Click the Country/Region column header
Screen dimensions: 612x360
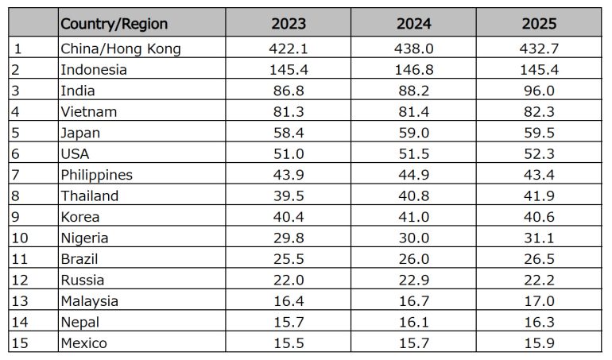pos(114,24)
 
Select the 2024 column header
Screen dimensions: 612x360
pos(414,24)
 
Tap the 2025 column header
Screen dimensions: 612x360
pos(539,24)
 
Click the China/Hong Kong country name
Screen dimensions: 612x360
pos(121,48)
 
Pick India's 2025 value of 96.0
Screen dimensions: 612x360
pos(539,91)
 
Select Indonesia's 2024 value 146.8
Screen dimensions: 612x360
pos(414,69)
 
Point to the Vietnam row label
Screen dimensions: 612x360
pos(88,112)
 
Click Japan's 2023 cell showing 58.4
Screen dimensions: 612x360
pos(289,133)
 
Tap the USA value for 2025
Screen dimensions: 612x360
pos(539,154)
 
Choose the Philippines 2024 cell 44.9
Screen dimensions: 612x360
pos(414,175)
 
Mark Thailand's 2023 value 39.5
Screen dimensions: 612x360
pos(289,195)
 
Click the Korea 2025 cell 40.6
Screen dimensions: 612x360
pos(539,217)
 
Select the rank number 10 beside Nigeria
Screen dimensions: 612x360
pos(20,238)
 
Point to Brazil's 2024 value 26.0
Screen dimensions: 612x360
pos(414,259)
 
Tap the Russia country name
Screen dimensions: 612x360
pos(83,280)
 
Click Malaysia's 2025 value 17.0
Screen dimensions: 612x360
pos(539,301)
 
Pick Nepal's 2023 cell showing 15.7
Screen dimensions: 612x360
pos(289,322)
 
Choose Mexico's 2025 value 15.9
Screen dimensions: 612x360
pos(539,343)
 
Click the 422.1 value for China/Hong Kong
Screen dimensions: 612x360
pos(289,48)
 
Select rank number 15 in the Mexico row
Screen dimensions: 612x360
pos(20,343)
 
